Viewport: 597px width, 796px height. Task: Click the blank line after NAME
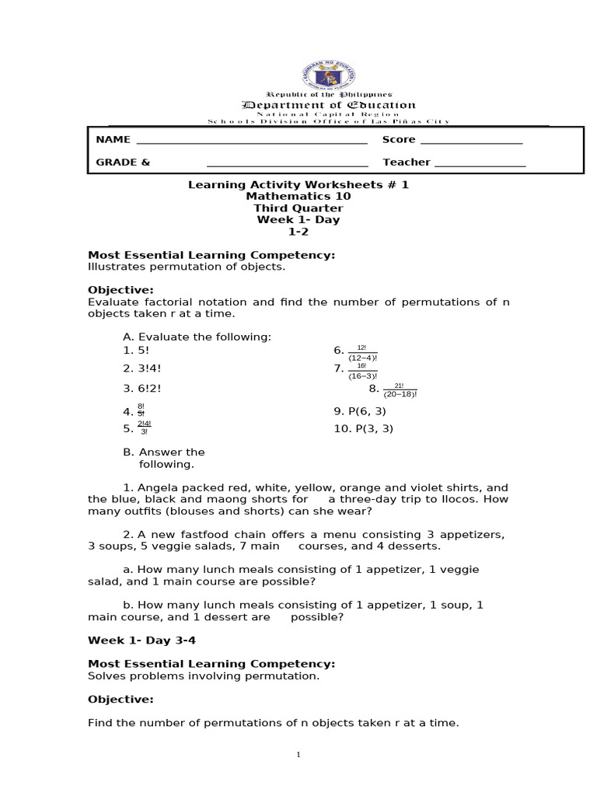click(x=251, y=143)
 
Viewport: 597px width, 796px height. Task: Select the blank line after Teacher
click(x=480, y=166)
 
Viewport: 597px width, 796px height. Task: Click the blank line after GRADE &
click(x=287, y=166)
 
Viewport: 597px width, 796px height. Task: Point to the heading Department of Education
click(x=329, y=105)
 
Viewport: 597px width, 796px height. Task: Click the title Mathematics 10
click(x=298, y=197)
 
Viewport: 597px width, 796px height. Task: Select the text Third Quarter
click(x=298, y=208)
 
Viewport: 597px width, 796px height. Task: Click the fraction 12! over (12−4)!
click(x=361, y=353)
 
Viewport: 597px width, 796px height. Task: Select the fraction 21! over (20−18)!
click(x=400, y=389)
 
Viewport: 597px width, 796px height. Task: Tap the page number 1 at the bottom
click(x=298, y=755)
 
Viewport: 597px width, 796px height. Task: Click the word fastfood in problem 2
click(x=199, y=534)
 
